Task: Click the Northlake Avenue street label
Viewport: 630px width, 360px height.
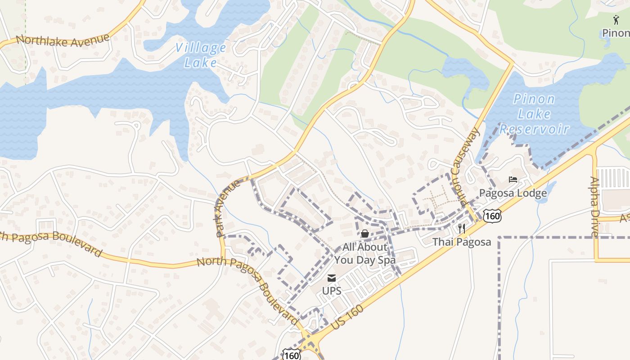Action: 63,40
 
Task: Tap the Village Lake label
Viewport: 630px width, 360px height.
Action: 201,55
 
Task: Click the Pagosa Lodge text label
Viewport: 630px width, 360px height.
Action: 513,193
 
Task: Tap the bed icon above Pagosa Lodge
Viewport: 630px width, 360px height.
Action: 513,180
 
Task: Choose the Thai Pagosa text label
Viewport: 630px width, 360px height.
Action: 462,242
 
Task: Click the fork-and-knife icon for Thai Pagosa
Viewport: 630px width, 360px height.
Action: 461,228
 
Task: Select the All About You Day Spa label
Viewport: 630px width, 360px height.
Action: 364,253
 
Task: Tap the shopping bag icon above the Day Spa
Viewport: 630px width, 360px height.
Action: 364,234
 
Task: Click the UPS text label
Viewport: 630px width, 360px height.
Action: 332,291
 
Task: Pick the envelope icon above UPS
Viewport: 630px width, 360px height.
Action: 332,278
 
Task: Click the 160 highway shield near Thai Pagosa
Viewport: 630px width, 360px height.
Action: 493,216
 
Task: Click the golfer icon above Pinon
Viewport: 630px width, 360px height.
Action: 616,19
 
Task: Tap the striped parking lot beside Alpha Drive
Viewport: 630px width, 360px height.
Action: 613,178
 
